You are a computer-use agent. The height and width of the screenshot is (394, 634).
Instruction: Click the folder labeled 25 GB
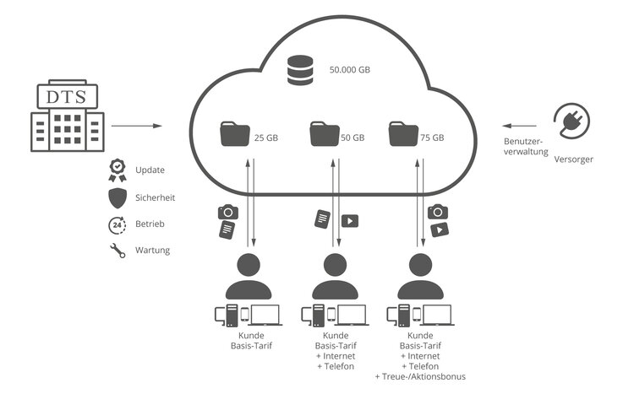pos(234,135)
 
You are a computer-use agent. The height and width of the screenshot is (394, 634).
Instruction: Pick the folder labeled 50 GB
pos(325,135)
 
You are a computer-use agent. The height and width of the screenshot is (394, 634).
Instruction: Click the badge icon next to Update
pos(118,170)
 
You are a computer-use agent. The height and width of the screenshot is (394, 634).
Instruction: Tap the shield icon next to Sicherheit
pos(118,197)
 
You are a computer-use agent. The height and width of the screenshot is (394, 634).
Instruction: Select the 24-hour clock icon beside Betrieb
pos(118,224)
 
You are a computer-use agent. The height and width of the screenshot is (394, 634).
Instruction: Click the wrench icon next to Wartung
pos(118,251)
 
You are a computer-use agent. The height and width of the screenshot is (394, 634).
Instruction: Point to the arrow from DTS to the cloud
pos(136,127)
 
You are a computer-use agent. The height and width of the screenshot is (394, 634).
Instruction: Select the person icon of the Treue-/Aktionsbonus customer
pos(420,275)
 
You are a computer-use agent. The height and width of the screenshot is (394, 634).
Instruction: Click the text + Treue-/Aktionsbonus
pos(420,377)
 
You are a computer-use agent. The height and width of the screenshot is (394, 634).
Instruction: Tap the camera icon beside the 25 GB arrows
pos(227,212)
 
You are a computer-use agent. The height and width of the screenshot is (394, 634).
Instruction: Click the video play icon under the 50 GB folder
pos(349,221)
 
